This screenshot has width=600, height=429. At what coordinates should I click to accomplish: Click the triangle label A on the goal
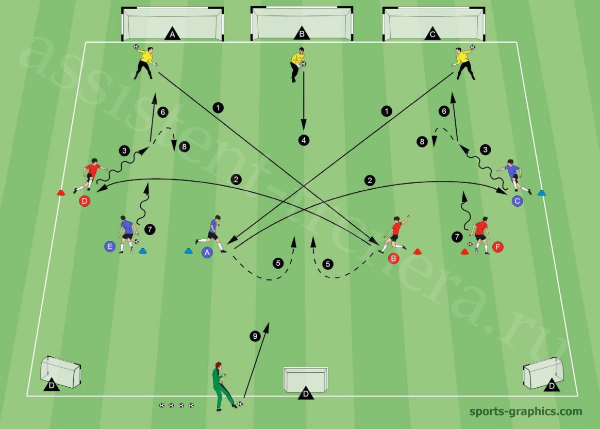172,34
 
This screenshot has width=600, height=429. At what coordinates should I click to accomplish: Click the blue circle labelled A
207,253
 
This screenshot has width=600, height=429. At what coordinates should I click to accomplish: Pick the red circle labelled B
393,258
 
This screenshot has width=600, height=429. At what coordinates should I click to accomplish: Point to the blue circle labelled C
518,201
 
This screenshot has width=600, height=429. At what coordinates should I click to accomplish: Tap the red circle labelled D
85,201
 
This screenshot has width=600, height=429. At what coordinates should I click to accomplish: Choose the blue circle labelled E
110,246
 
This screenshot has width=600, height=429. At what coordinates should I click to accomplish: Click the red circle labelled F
498,247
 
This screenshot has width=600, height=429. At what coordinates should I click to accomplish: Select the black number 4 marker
304,140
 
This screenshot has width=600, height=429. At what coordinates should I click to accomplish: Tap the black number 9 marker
255,336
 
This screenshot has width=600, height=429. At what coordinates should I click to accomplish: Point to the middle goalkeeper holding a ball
298,64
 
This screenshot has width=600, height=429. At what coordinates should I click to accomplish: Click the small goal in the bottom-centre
305,379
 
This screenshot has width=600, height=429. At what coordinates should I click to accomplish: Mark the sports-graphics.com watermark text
526,412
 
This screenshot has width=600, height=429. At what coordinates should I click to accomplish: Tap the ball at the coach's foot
240,404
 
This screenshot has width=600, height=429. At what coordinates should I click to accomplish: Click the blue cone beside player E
142,251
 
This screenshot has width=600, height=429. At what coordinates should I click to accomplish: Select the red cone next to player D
61,192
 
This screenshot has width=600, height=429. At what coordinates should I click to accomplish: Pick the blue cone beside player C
541,193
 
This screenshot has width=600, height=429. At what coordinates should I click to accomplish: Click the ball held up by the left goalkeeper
136,47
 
